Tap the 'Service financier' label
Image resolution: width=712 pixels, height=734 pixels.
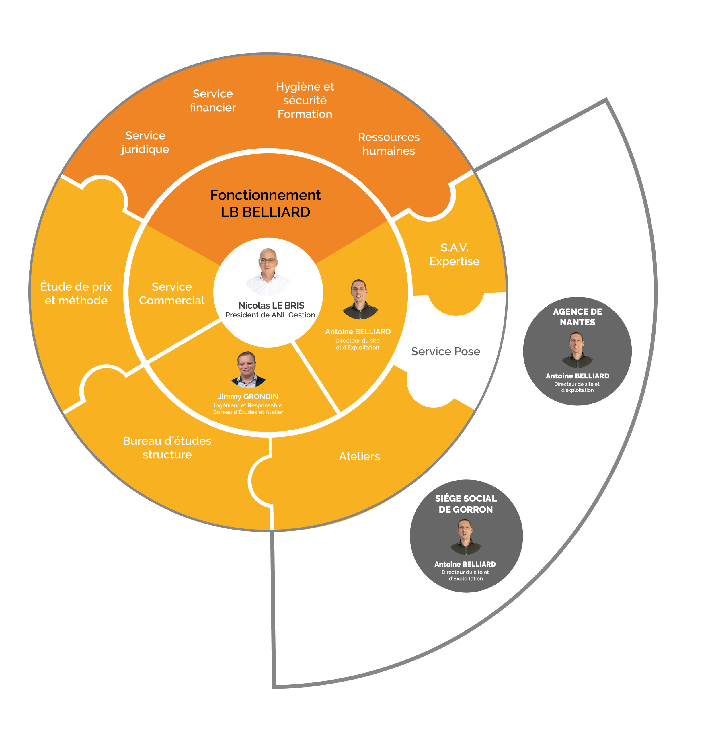point(213,100)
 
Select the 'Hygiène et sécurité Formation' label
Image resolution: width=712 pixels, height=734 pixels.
point(305,100)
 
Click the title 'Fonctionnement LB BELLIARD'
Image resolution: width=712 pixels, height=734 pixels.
point(266,203)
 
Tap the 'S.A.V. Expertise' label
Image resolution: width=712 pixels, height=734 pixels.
point(454,254)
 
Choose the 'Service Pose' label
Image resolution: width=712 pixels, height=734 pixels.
point(445,351)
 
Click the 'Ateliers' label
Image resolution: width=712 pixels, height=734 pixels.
point(359,456)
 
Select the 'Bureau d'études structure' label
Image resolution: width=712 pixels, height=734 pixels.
point(167,448)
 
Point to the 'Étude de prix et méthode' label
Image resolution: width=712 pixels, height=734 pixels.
point(76,294)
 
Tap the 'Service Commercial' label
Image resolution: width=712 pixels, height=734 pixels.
point(171,294)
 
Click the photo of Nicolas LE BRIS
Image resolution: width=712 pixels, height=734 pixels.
point(268,271)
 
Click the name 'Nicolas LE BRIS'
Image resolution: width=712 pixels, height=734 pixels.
point(271,305)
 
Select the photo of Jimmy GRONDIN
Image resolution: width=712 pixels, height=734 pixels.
point(247,369)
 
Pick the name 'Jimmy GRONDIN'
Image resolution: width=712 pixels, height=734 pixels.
point(248,396)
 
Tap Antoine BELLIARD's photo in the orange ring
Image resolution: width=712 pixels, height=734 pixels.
point(360,299)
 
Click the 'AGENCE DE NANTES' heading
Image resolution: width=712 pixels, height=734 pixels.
point(577,317)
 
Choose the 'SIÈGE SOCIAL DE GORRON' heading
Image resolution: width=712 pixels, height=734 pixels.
point(466,504)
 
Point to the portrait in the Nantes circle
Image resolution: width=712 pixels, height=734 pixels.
point(577,350)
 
